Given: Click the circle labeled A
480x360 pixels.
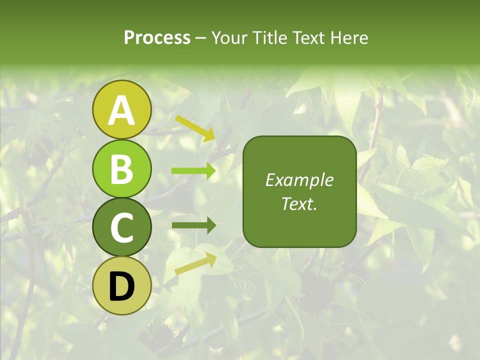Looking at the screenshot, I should [121, 110].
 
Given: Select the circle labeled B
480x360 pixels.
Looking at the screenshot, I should [121, 168].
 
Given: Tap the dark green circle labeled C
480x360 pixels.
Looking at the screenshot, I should [121, 227].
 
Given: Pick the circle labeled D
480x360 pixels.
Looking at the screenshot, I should [121, 285].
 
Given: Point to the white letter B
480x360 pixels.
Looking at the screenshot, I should [121, 169].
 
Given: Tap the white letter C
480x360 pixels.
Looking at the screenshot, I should [121, 227].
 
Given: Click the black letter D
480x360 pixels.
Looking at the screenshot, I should [121, 286].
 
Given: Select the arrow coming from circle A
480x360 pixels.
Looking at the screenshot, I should [195, 128].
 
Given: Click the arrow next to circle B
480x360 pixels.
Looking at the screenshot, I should [193, 171].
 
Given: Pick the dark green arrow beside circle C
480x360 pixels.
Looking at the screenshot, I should [193, 225].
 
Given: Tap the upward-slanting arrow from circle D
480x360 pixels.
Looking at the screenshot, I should [195, 263].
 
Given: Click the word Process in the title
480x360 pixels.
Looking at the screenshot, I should [157, 38].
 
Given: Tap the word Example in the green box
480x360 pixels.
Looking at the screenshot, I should [299, 180].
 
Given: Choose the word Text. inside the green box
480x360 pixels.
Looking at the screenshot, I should [299, 203].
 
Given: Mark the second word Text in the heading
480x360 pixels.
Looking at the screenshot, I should [309, 38].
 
